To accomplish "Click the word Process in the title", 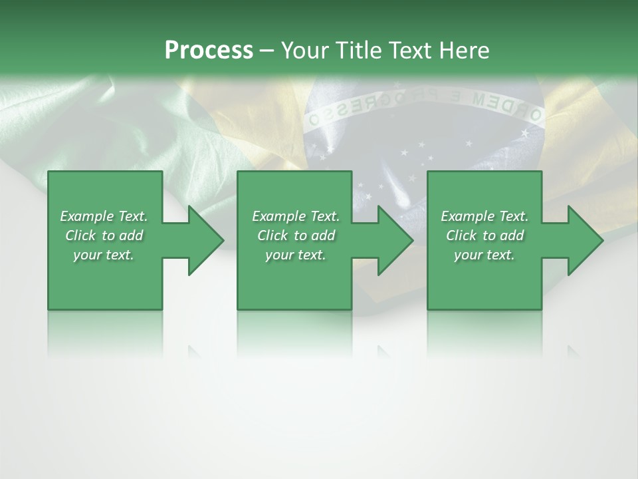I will [x=209, y=51].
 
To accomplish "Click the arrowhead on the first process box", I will [x=205, y=240].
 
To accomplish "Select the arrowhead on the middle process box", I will [x=395, y=240].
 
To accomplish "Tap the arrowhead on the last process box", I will [x=584, y=240].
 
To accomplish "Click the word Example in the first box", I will [x=87, y=216].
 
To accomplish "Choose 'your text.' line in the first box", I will [x=104, y=255].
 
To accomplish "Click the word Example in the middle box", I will [x=279, y=216].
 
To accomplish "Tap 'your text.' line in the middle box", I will [x=295, y=255].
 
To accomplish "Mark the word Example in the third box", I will [x=468, y=216].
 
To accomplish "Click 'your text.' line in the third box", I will [x=484, y=255].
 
